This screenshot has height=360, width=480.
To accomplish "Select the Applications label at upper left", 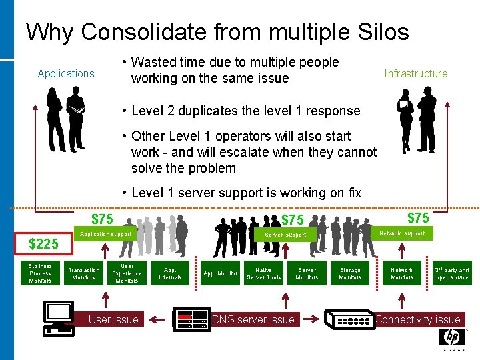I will [x=66, y=73].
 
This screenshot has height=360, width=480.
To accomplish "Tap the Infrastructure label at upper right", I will [x=415, y=73].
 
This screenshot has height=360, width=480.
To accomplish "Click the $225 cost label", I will [x=43, y=245].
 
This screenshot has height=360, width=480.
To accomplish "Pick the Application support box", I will [x=105, y=235].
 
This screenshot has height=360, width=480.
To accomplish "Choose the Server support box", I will [x=285, y=235].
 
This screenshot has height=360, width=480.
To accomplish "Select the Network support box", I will [x=401, y=234].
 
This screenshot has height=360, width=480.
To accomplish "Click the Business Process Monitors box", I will [x=40, y=273].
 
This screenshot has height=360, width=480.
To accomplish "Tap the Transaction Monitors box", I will [x=83, y=273].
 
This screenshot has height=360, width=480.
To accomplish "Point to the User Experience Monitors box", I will [x=127, y=273].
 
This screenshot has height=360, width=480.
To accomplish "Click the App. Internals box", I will [x=170, y=273].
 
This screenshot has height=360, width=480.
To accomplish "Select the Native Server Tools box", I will [x=263, y=273].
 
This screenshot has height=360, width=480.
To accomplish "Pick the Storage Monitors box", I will [x=350, y=273].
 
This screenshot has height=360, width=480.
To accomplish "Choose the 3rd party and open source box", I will [x=452, y=273].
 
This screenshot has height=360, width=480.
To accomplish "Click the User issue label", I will [x=113, y=319].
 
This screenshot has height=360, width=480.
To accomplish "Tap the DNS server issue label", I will [x=253, y=319].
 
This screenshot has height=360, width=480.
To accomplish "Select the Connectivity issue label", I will [x=417, y=319].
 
